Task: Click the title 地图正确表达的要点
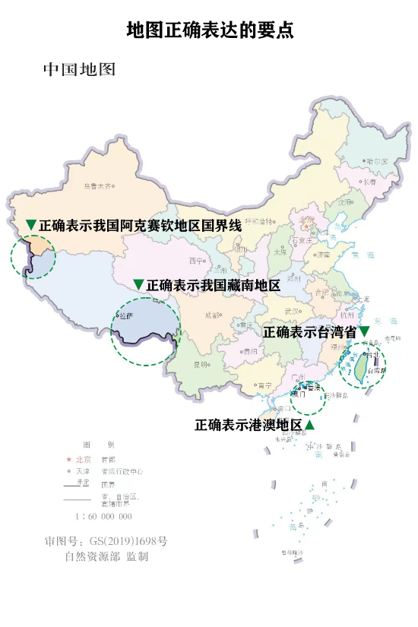click(x=210, y=30)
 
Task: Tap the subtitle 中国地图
click(x=79, y=70)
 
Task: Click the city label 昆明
click(x=201, y=365)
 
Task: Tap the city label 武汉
click(x=292, y=310)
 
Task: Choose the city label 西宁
click(x=197, y=261)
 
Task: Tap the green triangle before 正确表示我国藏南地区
click(x=138, y=285)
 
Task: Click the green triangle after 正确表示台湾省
click(x=364, y=331)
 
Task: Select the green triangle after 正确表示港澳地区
click(x=309, y=424)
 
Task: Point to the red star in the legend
click(x=68, y=460)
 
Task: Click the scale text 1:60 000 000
click(x=103, y=516)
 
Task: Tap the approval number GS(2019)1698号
click(x=106, y=542)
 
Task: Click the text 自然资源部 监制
click(x=106, y=557)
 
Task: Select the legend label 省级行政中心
click(x=122, y=471)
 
